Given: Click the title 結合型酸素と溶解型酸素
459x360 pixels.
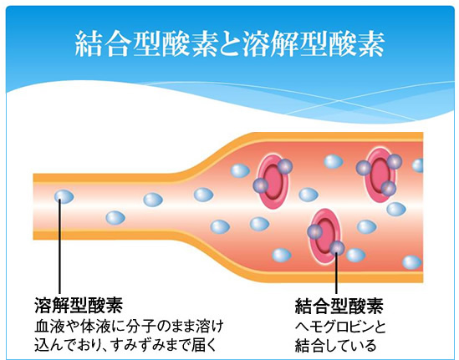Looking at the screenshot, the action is click(230, 44).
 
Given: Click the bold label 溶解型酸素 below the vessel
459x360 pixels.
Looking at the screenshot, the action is click(79, 306).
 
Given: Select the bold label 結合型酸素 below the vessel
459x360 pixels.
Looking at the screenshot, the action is click(339, 306).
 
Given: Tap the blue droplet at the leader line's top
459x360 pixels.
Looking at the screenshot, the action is click(64, 196).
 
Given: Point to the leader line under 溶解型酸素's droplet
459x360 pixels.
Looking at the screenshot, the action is click(59, 246).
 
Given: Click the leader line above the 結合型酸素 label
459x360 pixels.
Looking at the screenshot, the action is click(336, 272).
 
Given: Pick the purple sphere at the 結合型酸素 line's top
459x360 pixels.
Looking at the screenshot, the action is click(337, 248).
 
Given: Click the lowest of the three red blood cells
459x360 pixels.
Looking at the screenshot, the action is click(325, 236).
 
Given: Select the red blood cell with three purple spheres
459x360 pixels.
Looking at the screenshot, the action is click(380, 175).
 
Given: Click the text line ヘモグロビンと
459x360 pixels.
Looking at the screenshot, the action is click(340, 327).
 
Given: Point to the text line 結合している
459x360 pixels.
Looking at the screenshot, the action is click(335, 345).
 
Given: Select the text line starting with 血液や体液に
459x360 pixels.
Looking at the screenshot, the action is click(129, 327).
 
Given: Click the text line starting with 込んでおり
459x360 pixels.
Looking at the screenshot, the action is click(125, 344).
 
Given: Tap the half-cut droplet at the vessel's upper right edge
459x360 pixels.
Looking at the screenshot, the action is click(418, 165).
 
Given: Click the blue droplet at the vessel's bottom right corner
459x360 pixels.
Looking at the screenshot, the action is click(412, 262).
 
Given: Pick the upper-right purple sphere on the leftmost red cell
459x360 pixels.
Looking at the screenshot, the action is click(285, 167).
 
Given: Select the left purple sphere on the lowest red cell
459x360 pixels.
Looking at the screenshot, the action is click(315, 231).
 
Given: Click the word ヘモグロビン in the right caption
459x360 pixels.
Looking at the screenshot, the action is click(333, 327).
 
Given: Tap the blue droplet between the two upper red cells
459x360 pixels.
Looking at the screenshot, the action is click(334, 161).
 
